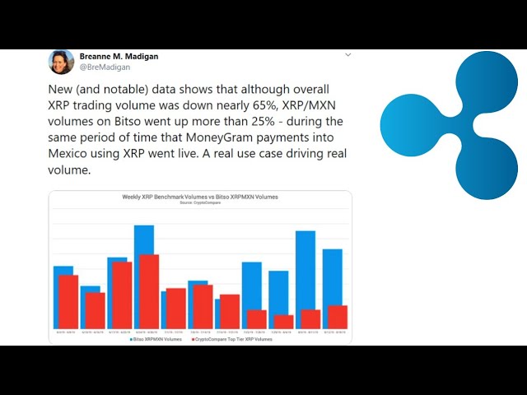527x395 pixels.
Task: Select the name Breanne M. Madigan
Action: pyautogui.click(x=119, y=57)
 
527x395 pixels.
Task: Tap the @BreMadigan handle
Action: pyautogui.click(x=105, y=67)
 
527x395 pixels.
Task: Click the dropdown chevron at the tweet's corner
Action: pyautogui.click(x=347, y=55)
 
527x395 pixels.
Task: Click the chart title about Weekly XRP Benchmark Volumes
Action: pyautogui.click(x=200, y=197)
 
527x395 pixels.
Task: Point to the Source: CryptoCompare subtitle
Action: pyautogui.click(x=200, y=203)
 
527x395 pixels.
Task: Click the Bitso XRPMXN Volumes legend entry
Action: pyautogui.click(x=156, y=338)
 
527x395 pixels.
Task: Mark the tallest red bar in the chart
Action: pyautogui.click(x=149, y=291)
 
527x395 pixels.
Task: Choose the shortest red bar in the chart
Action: pyautogui.click(x=284, y=322)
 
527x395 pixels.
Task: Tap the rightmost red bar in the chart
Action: pyautogui.click(x=338, y=317)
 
